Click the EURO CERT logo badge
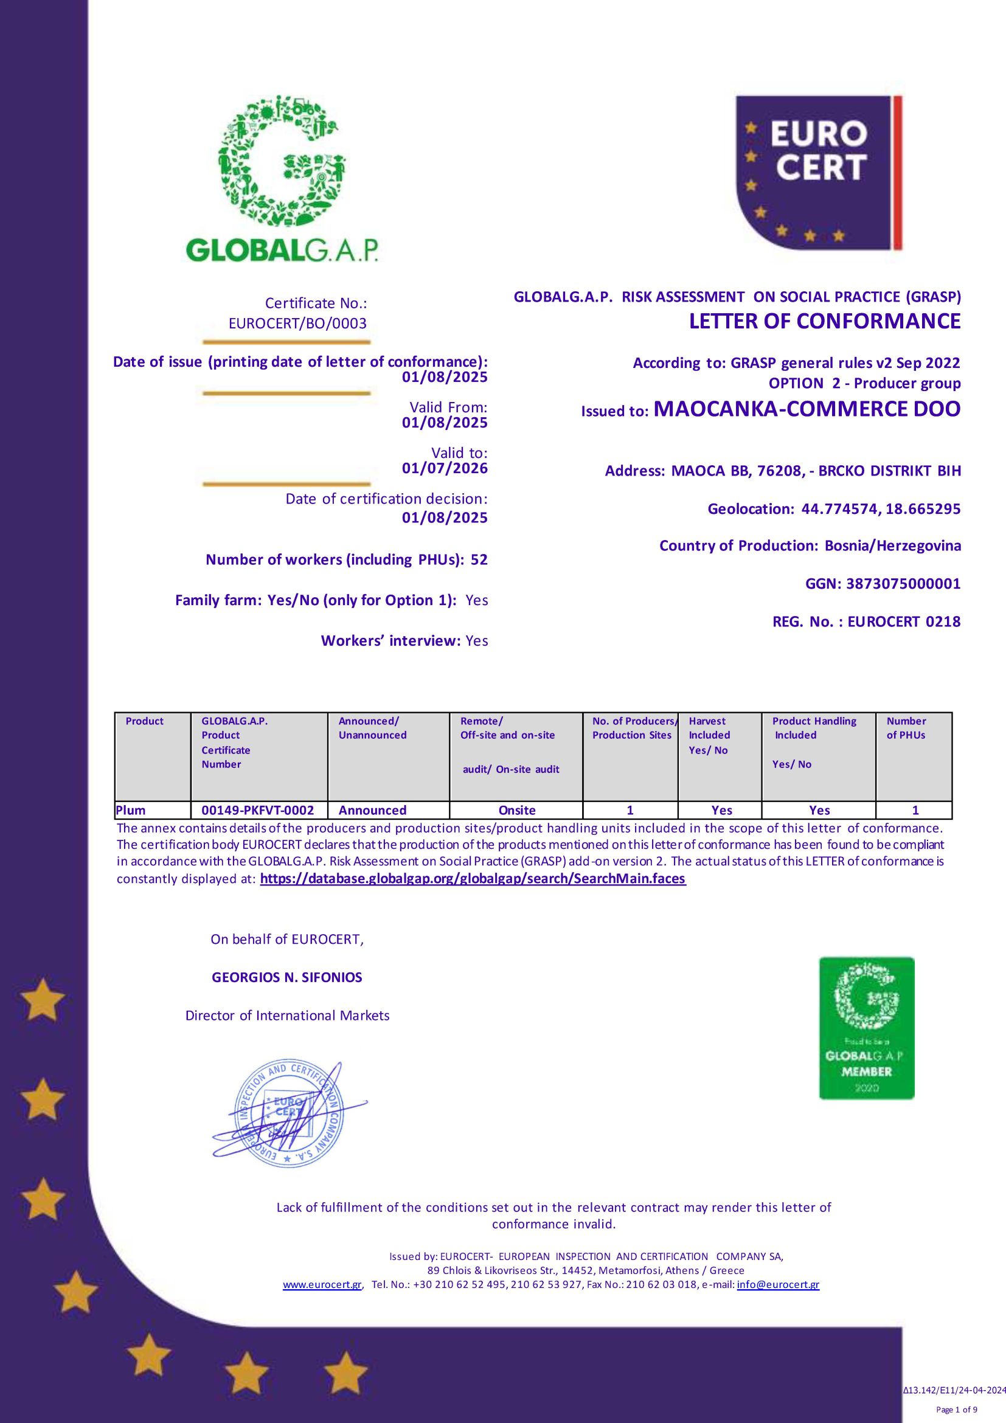(818, 173)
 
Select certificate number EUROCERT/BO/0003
(297, 323)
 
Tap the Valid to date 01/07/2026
(445, 468)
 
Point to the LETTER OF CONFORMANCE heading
(824, 321)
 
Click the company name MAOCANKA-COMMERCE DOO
(807, 409)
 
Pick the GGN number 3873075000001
(903, 583)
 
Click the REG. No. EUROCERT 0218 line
(866, 621)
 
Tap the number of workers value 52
(479, 559)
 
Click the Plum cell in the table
(131, 810)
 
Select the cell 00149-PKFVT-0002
(258, 810)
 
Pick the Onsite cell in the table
(516, 810)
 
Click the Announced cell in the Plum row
(372, 810)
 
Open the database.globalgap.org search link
(473, 879)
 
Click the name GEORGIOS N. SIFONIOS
(287, 977)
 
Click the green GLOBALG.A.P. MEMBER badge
(867, 1028)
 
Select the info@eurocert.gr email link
(778, 1285)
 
